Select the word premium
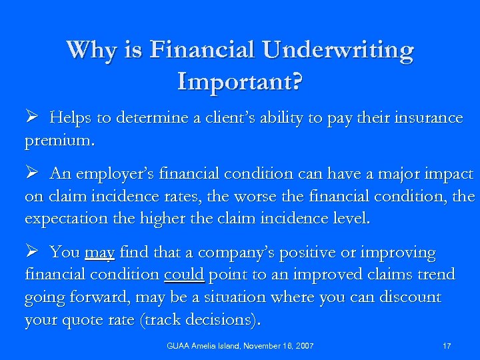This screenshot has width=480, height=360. click(x=59, y=141)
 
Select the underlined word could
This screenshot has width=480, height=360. click(x=183, y=275)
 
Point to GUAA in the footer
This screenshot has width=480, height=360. click(x=177, y=346)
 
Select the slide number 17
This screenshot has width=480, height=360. click(x=447, y=346)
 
